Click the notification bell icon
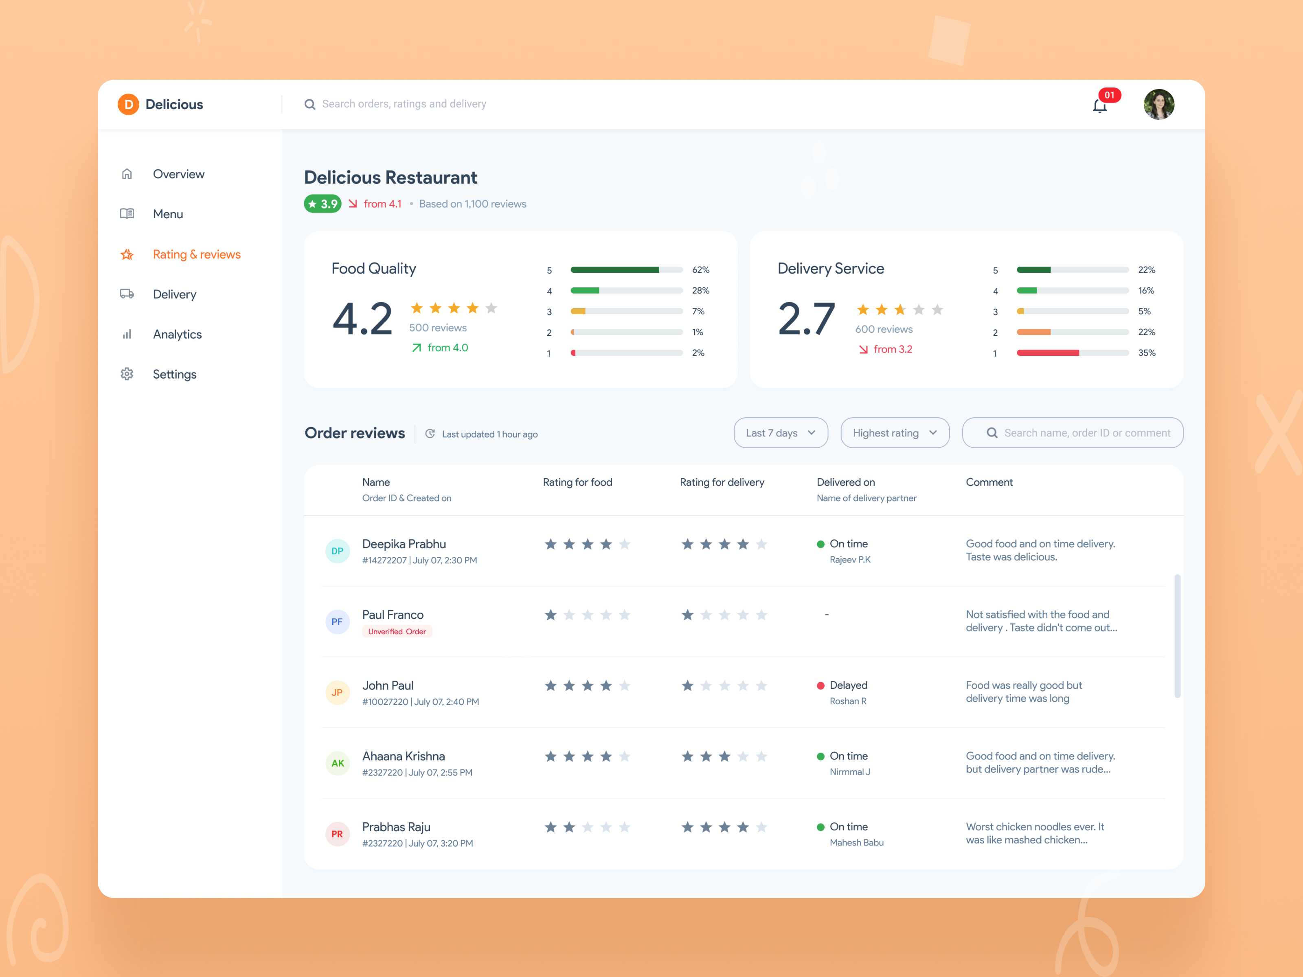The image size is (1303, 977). pos(1099,106)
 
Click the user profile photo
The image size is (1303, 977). pos(1159,104)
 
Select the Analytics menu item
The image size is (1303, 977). pos(177,335)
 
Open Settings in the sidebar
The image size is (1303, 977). pos(174,375)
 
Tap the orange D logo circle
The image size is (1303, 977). pos(128,104)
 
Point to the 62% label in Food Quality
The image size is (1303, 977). pos(700,270)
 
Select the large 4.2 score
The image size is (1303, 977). pos(362,319)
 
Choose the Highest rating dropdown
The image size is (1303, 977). pos(894,433)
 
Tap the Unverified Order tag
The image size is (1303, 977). pos(397,631)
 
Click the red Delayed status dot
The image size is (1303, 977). pos(820,686)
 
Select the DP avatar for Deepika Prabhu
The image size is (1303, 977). pos(337,551)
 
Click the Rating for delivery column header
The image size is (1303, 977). pos(722,482)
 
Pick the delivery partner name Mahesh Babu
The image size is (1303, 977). pos(856,843)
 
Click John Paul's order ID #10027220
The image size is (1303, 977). pos(385,702)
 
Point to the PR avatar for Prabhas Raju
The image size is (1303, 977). pos(337,834)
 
